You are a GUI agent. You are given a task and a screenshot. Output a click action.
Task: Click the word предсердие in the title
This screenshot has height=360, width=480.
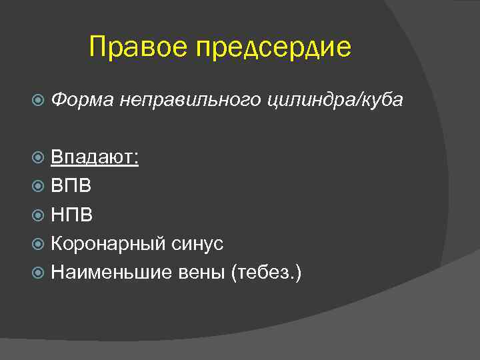coord(273,49)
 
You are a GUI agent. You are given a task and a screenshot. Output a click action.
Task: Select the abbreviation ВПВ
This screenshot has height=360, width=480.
coord(72,186)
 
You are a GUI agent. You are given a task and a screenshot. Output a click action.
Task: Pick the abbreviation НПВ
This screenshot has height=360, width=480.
coord(72,215)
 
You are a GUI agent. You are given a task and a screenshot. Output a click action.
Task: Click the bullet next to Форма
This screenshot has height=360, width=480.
coord(39,100)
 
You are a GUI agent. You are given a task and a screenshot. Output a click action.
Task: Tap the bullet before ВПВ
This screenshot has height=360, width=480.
coord(39,186)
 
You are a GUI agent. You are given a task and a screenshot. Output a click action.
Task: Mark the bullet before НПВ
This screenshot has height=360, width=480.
coord(39,215)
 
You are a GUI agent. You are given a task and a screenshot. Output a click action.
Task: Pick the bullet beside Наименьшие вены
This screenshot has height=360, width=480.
coord(39,272)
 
